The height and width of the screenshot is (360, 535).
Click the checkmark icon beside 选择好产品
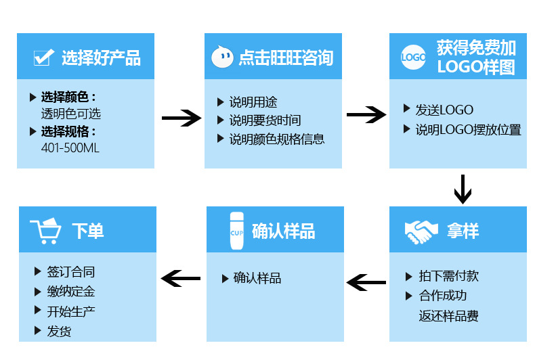[x=43, y=58]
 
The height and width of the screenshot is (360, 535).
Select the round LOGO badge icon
[x=413, y=58]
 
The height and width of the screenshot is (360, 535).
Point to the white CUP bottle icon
[x=236, y=230]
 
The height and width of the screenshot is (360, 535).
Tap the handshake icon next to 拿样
[x=421, y=231]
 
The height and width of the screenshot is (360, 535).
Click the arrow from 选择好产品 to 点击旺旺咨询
[x=181, y=118]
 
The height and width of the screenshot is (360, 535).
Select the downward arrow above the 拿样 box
[x=463, y=189]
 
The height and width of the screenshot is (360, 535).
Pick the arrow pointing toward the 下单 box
[x=181, y=277]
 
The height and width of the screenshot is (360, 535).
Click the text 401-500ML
[x=70, y=148]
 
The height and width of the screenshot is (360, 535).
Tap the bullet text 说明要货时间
[x=265, y=120]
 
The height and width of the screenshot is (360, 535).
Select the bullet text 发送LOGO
[x=444, y=110]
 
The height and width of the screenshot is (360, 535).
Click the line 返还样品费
[x=448, y=316]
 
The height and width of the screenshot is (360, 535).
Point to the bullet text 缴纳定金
[x=71, y=292]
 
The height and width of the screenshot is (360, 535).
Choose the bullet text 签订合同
[x=71, y=272]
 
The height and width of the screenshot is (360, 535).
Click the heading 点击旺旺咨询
[x=286, y=58]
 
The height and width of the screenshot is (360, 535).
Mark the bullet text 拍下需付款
[x=448, y=276]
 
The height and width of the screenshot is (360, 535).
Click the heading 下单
[x=88, y=231]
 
